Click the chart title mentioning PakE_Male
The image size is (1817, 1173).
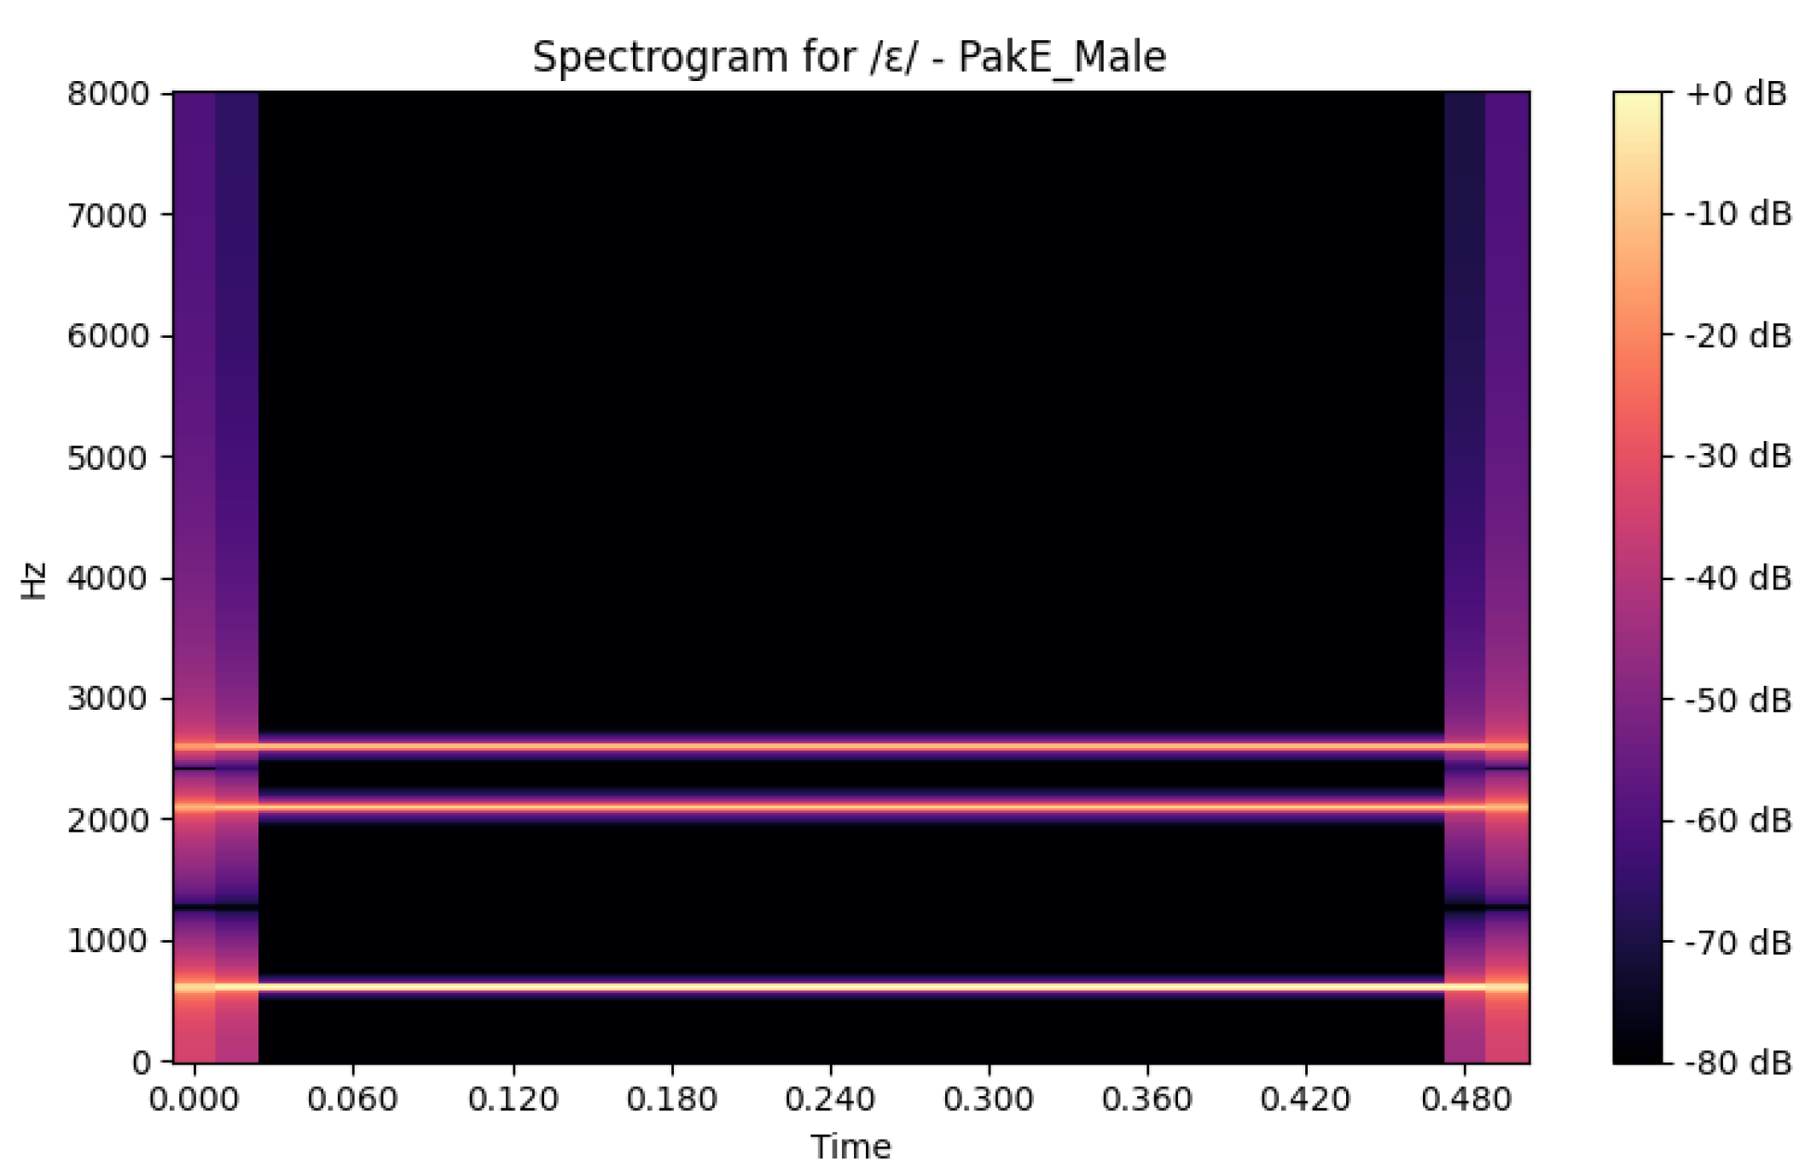849,58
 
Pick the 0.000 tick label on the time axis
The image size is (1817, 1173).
194,1100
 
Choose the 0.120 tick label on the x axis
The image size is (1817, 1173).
513,1100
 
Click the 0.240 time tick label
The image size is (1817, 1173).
830,1100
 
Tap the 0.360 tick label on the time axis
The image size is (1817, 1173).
1147,1100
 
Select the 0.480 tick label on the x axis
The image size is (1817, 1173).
1466,1100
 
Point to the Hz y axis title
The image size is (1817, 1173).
33,580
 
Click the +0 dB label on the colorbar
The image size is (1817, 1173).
1736,93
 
